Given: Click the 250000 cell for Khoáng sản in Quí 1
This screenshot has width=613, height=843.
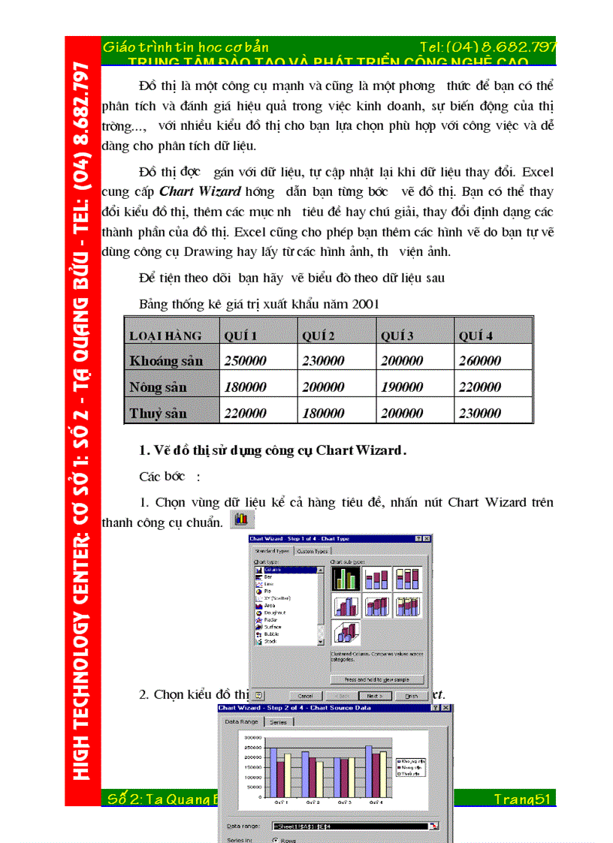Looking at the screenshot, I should coord(246,360).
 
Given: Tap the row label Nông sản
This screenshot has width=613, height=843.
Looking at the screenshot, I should coord(158,387).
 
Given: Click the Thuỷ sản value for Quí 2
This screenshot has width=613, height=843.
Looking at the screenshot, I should coord(323,413).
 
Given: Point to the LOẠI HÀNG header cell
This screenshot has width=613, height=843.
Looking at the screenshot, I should coord(165,336).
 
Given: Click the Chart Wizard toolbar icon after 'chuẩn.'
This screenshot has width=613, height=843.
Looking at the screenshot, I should coord(242,519).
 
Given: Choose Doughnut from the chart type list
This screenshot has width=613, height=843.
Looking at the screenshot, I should coord(274,613).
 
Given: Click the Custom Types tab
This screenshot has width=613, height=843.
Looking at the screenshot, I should coord(313,551).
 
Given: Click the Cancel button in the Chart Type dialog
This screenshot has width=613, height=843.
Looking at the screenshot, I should coord(305,696).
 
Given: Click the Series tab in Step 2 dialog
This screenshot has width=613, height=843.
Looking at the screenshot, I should coord(278,721).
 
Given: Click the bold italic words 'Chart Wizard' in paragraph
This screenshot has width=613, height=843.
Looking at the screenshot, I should coord(200,191).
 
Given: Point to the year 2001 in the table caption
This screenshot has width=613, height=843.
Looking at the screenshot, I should coord(365,304).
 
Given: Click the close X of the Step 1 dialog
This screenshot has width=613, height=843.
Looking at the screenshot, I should coord(427,538).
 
